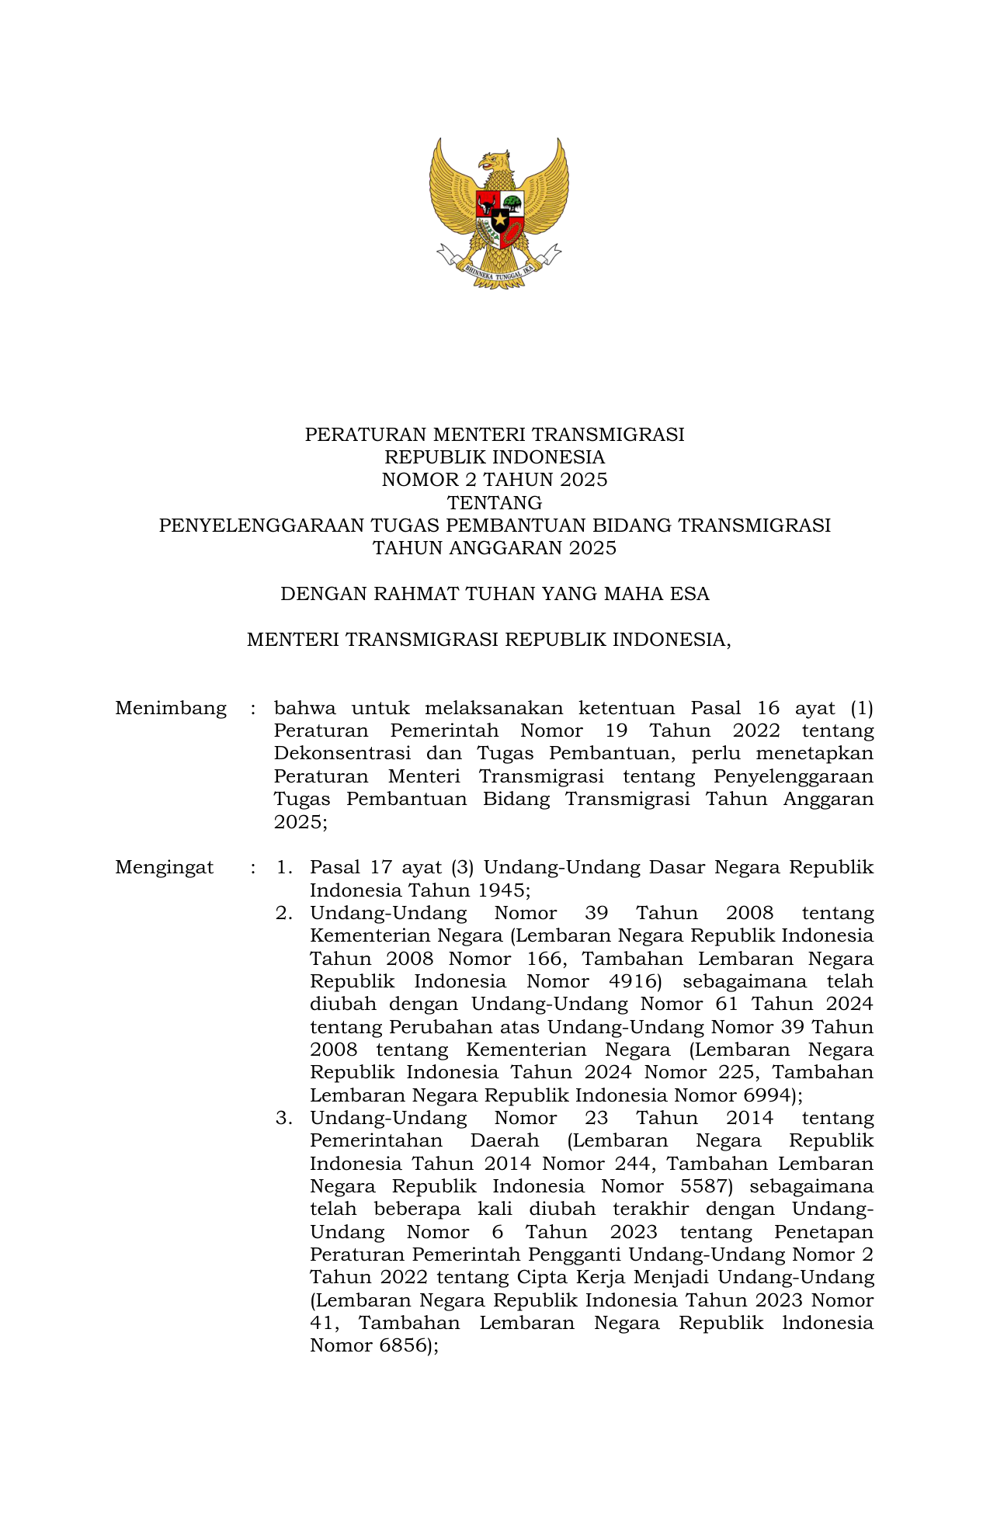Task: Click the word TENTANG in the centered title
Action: tap(495, 502)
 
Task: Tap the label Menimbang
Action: tap(171, 708)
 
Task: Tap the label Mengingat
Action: tap(165, 867)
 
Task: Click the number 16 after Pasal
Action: tap(768, 708)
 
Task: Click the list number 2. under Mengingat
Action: tap(284, 913)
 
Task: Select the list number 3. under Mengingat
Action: tap(284, 1118)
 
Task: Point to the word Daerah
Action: tap(505, 1140)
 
